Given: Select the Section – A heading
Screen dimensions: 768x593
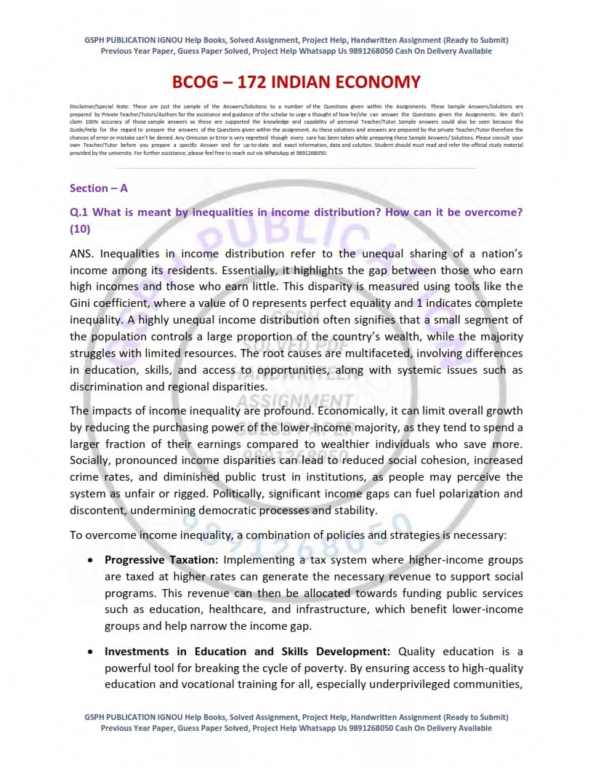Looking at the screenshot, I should (99, 188).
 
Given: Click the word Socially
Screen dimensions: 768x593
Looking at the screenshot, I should (91, 460).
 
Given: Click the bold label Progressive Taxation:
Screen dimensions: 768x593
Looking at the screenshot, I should (161, 560).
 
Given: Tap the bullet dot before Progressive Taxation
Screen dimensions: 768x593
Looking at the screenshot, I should (89, 561).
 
